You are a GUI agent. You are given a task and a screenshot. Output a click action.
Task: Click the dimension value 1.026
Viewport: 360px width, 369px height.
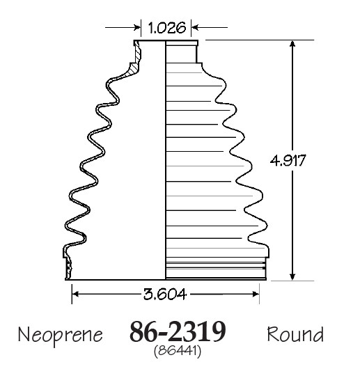(166, 28)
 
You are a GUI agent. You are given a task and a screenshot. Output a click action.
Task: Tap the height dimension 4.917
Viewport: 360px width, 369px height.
(288, 161)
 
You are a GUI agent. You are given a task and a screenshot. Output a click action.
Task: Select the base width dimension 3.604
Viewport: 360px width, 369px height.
(165, 294)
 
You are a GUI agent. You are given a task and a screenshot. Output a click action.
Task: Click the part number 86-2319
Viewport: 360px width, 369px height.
(178, 332)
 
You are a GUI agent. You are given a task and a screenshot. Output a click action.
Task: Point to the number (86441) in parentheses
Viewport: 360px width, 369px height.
(178, 351)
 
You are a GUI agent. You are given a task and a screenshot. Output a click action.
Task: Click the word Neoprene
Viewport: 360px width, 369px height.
(61, 335)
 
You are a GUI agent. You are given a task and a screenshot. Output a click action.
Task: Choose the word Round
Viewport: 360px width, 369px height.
(295, 334)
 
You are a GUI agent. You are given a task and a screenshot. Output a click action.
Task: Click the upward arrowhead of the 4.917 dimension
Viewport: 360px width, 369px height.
(292, 44)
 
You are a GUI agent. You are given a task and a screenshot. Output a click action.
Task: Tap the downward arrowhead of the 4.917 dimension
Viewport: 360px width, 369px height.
(292, 277)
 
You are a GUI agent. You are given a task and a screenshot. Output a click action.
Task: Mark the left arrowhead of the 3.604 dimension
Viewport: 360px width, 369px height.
(75, 294)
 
